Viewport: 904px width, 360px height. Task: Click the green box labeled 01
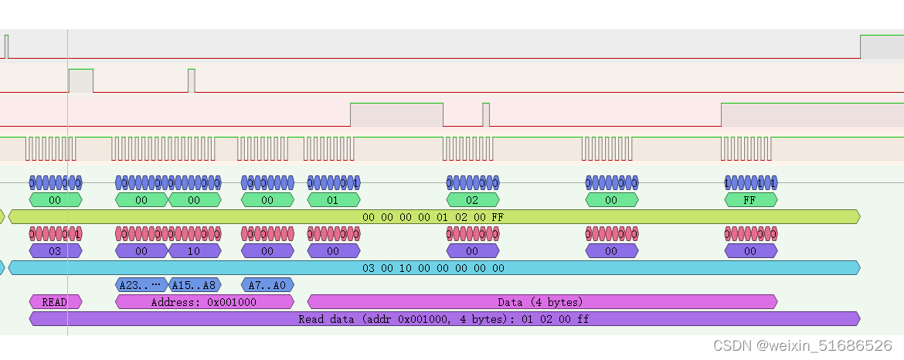pos(333,200)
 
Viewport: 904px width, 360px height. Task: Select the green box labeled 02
pos(472,200)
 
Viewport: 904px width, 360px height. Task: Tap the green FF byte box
pos(750,200)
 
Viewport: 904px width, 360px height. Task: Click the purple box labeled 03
pos(55,251)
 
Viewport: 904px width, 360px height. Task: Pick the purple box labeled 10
pos(194,251)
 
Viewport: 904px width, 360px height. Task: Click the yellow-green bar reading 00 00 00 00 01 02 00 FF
pos(433,217)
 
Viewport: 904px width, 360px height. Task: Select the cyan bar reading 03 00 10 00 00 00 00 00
pos(433,268)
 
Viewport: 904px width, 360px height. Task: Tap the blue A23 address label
pos(141,285)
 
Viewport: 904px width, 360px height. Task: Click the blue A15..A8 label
pos(194,285)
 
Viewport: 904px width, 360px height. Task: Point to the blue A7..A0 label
pos(267,285)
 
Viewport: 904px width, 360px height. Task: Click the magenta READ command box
pos(55,302)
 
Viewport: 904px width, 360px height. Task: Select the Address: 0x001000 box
pos(204,302)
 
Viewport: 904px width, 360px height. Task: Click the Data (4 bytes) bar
pos(542,302)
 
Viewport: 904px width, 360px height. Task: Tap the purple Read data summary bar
pos(444,319)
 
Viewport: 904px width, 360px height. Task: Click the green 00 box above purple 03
pos(55,200)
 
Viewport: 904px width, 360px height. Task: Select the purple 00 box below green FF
pos(750,251)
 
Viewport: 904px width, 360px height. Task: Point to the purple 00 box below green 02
pos(472,251)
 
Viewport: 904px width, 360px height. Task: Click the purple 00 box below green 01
pos(333,251)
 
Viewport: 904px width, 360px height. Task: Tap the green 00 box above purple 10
pos(194,200)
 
